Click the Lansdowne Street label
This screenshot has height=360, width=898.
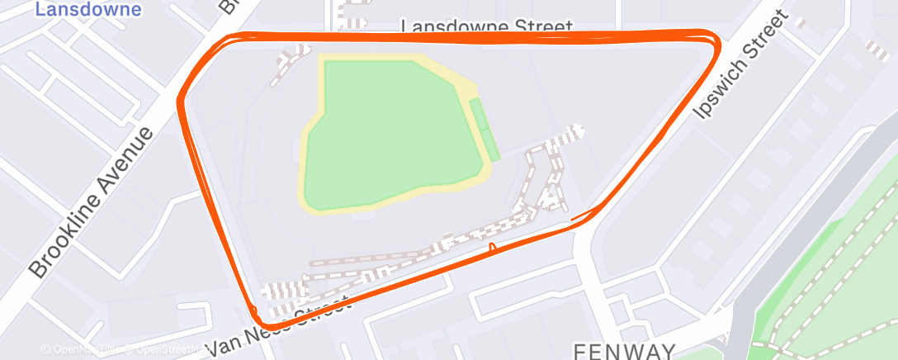point(486,26)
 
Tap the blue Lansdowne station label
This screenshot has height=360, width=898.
point(88,10)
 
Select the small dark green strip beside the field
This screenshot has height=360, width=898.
point(487,130)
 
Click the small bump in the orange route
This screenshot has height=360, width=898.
point(493,246)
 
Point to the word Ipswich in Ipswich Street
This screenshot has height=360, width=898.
point(715,91)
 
